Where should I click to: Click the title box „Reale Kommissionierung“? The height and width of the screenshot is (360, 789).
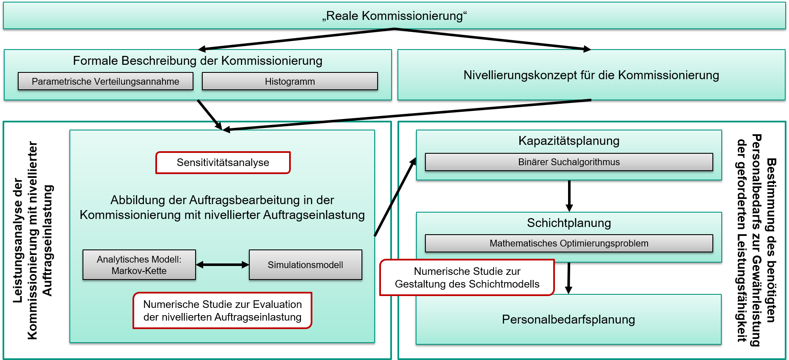click(x=394, y=16)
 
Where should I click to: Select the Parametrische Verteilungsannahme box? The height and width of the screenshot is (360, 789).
click(x=105, y=81)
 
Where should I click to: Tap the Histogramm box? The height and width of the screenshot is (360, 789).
click(x=290, y=81)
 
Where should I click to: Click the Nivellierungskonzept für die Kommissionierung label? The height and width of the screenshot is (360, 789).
click(x=591, y=75)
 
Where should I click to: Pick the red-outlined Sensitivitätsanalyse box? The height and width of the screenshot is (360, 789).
click(x=223, y=163)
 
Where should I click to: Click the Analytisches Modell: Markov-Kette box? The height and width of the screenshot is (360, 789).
click(x=139, y=265)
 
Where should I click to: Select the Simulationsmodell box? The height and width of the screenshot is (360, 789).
click(x=306, y=265)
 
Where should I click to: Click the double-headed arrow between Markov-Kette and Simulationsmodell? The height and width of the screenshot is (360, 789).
click(x=223, y=265)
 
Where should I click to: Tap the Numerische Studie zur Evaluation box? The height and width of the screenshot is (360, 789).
click(x=223, y=310)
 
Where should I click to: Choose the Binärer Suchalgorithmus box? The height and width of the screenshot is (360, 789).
click(x=569, y=162)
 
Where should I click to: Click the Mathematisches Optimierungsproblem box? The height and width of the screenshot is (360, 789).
click(x=569, y=243)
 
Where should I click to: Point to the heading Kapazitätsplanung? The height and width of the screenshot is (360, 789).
click(x=569, y=141)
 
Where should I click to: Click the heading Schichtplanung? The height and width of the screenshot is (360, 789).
click(x=569, y=223)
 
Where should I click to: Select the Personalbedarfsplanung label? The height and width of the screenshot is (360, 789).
click(x=568, y=319)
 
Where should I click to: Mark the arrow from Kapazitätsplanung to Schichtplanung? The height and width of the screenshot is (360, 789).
click(x=569, y=196)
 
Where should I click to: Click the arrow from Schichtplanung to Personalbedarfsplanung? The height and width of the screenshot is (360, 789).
click(x=569, y=278)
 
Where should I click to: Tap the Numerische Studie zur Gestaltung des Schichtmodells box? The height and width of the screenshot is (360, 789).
click(x=467, y=277)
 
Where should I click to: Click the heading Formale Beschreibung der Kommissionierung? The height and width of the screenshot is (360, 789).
click(x=198, y=61)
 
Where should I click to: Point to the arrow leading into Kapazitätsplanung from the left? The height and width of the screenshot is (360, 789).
click(x=395, y=197)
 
